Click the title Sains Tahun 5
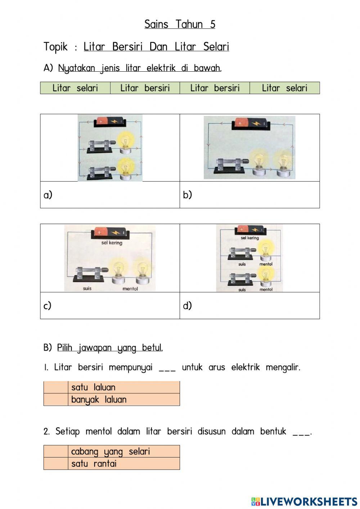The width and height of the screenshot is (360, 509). click(180, 24)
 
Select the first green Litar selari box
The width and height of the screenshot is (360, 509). click(75, 88)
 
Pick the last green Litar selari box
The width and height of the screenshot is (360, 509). click(284, 88)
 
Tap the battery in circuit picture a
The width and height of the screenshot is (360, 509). click(110, 122)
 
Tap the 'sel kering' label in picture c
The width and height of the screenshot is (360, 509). click(112, 243)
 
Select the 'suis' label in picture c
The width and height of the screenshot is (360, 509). click(87, 289)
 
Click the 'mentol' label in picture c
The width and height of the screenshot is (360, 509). click(130, 289)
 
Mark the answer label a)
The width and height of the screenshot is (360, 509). click(48, 195)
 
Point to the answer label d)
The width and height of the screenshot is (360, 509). click(187, 305)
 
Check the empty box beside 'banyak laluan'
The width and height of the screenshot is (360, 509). click(56, 399)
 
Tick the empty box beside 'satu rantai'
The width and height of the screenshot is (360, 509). click(56, 464)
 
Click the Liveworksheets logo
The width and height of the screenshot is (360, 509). click(304, 501)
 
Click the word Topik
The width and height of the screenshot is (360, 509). click(55, 47)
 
